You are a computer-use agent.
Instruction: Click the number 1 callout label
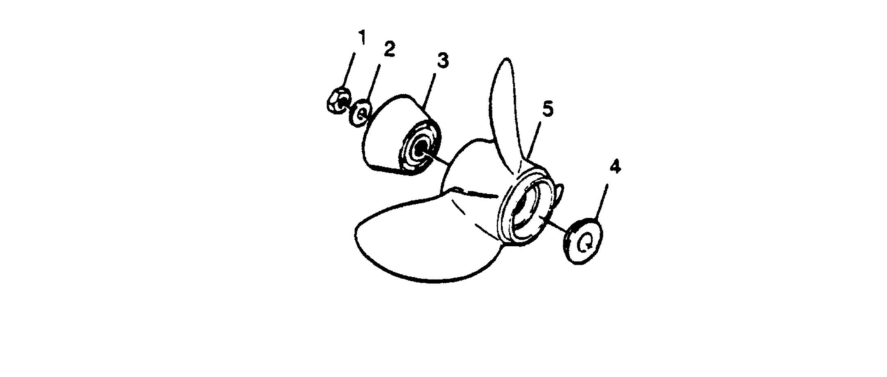(x=361, y=38)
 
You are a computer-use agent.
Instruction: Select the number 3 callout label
(x=442, y=61)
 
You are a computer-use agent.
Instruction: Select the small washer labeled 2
(x=361, y=112)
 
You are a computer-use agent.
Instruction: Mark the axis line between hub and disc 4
(x=556, y=227)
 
